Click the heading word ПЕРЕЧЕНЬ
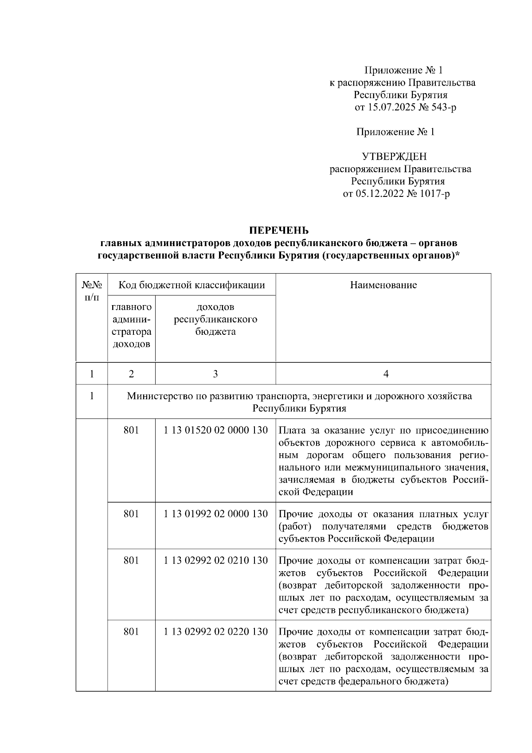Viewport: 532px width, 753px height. [x=278, y=230]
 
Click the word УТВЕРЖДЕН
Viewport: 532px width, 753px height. [x=394, y=157]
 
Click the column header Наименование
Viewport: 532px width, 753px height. [x=383, y=285]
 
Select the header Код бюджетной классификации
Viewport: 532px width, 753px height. [x=191, y=285]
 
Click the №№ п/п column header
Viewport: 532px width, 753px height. [x=91, y=291]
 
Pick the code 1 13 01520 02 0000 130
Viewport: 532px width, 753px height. [x=215, y=430]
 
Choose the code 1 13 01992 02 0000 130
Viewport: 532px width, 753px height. [x=215, y=514]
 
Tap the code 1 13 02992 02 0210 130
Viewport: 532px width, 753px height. [x=215, y=561]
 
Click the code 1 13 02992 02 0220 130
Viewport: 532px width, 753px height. [x=215, y=631]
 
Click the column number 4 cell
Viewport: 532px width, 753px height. [x=385, y=374]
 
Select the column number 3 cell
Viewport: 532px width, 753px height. [x=215, y=374]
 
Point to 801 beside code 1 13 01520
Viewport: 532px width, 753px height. [x=131, y=430]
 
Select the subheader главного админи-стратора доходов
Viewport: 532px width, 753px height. [x=131, y=326]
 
